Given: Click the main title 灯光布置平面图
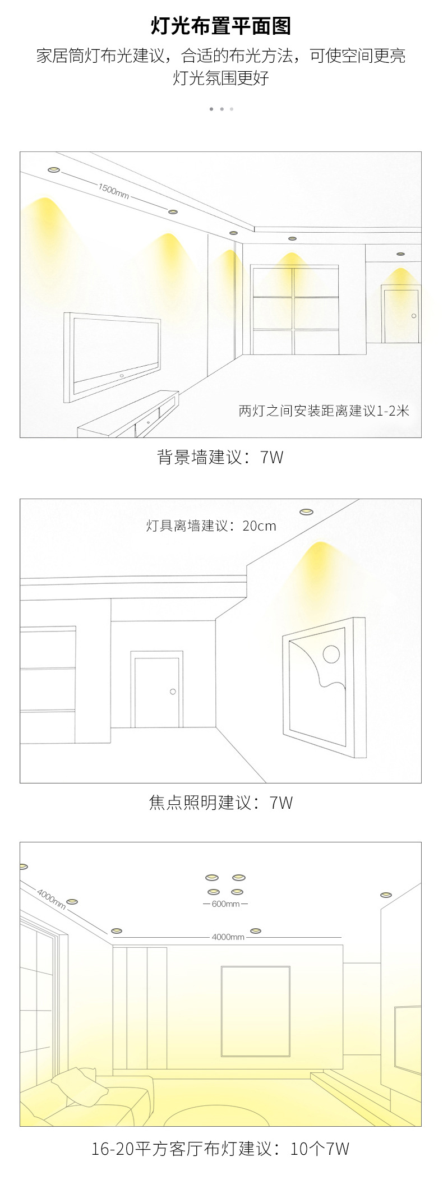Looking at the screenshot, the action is pos(221,26).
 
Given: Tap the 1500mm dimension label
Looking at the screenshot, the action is pos(114,191).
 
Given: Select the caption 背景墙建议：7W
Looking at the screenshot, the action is pos(220,457).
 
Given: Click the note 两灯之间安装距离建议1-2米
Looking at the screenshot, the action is pos(324,411).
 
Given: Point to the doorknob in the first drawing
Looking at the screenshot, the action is pos(414,316).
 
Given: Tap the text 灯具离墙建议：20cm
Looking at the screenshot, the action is pos(211,526).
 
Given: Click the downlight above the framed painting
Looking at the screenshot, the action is pos(306,511).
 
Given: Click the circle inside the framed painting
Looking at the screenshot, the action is pos(331,653).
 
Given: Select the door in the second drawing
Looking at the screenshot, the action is pos(156,690).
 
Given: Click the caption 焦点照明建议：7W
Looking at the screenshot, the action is pos(221,803).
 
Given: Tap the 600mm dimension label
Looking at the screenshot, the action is pos(225,904).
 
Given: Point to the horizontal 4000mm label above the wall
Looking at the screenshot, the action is pos(228,937).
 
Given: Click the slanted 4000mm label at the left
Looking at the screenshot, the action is pos(51,898).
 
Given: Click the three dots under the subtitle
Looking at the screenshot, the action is pos(221,109).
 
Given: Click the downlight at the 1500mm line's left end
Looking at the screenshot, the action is pos(53,169).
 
